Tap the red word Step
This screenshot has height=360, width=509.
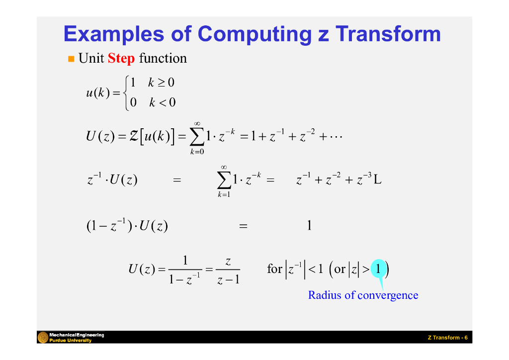pos(121,59)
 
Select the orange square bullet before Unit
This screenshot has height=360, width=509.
pos(71,59)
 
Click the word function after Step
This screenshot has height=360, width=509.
pos(163,59)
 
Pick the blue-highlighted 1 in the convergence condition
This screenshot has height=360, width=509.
pos(379,269)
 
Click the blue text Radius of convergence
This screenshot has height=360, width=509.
pos(363,295)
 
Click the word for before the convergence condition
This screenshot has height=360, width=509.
pos(274,270)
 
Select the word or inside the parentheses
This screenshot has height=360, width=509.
pos(340,270)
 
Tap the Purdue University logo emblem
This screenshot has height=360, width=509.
pos(43,338)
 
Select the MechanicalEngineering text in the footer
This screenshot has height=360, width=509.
pos(77,335)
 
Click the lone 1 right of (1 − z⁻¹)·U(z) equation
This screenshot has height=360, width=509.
pos(309,226)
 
